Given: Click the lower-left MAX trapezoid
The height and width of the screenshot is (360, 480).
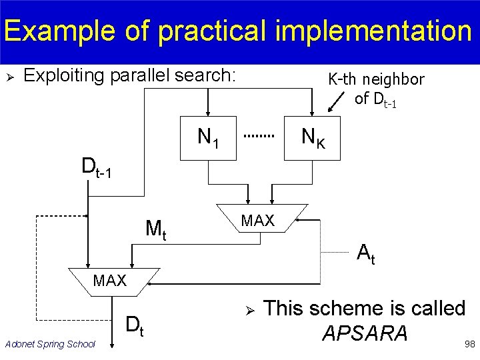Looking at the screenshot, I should (x=110, y=281).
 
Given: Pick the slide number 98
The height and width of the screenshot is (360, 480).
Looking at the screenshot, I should (x=469, y=344).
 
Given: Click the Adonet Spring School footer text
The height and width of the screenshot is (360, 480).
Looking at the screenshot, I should (x=50, y=344).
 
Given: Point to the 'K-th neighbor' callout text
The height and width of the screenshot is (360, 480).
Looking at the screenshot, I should (x=376, y=80).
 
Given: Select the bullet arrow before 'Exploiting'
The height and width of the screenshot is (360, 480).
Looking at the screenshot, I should (x=9, y=77).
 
